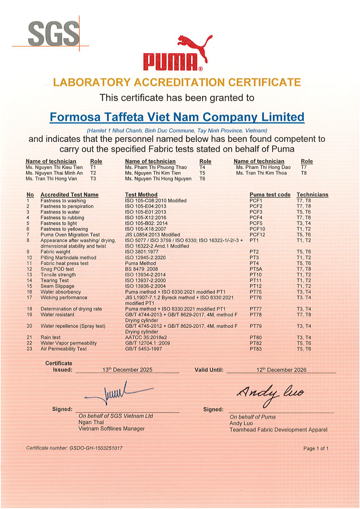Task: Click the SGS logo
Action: coord(54,34)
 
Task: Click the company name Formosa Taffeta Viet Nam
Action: coord(177,117)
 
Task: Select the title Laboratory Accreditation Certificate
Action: coord(177,82)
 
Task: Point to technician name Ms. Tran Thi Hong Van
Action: coord(51,179)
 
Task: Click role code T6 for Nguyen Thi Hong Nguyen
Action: coord(202,179)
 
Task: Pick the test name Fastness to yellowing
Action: coord(64,229)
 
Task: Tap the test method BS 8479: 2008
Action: coord(141,269)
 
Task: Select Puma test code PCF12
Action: coord(257,235)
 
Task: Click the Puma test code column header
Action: coord(270,195)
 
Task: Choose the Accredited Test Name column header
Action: coord(69,195)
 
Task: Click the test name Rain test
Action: coord(50,337)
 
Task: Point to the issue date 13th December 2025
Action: coord(127,370)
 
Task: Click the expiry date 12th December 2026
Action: coord(282,370)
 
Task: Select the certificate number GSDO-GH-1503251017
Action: coord(74,448)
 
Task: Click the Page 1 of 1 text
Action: coord(316,449)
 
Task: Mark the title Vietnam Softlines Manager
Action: coord(112,429)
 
